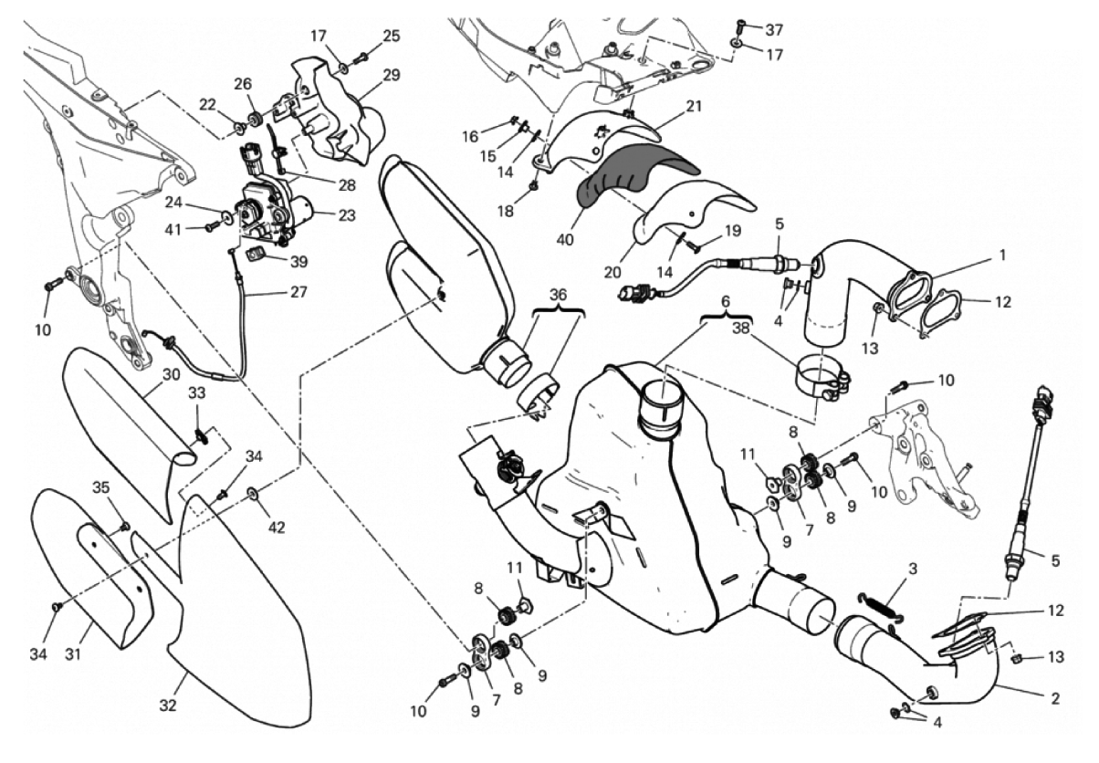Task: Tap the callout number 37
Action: coord(775,29)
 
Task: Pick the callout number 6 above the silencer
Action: coord(727,300)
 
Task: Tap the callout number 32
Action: coord(169,706)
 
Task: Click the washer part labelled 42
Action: coord(252,494)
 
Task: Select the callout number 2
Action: coord(1054,700)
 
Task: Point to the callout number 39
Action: coord(298,261)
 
